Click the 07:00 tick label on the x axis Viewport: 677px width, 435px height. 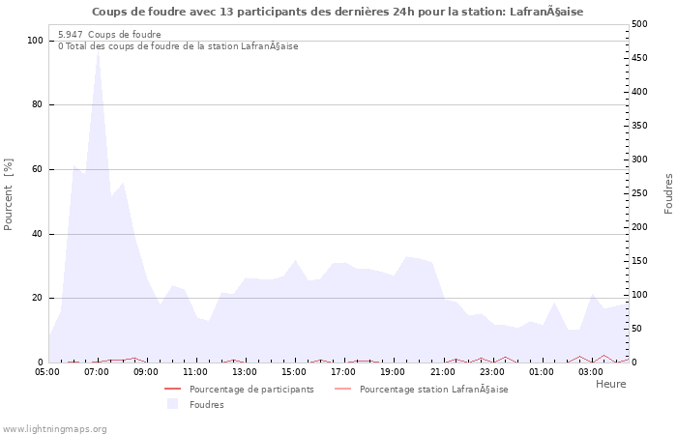[x=97, y=371]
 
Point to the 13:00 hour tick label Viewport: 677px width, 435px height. [x=245, y=371]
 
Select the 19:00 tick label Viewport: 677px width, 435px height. [x=393, y=371]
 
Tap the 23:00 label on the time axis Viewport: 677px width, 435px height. [x=492, y=371]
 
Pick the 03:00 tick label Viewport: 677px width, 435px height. [x=591, y=371]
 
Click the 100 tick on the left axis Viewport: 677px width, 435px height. [x=35, y=41]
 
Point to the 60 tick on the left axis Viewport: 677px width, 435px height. [x=38, y=169]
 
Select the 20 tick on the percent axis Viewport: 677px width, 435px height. [x=38, y=298]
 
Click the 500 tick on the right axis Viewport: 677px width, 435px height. [x=639, y=24]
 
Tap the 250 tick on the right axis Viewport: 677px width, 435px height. [x=639, y=193]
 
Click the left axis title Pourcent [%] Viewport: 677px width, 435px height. [x=9, y=193]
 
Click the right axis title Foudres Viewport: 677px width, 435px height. [x=668, y=193]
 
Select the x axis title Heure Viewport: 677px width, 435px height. [x=610, y=384]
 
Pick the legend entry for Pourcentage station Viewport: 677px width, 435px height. [x=433, y=390]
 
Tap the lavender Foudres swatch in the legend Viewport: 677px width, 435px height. [x=172, y=404]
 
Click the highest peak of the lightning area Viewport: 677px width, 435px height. [x=98, y=50]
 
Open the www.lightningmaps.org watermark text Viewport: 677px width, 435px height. [x=55, y=428]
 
